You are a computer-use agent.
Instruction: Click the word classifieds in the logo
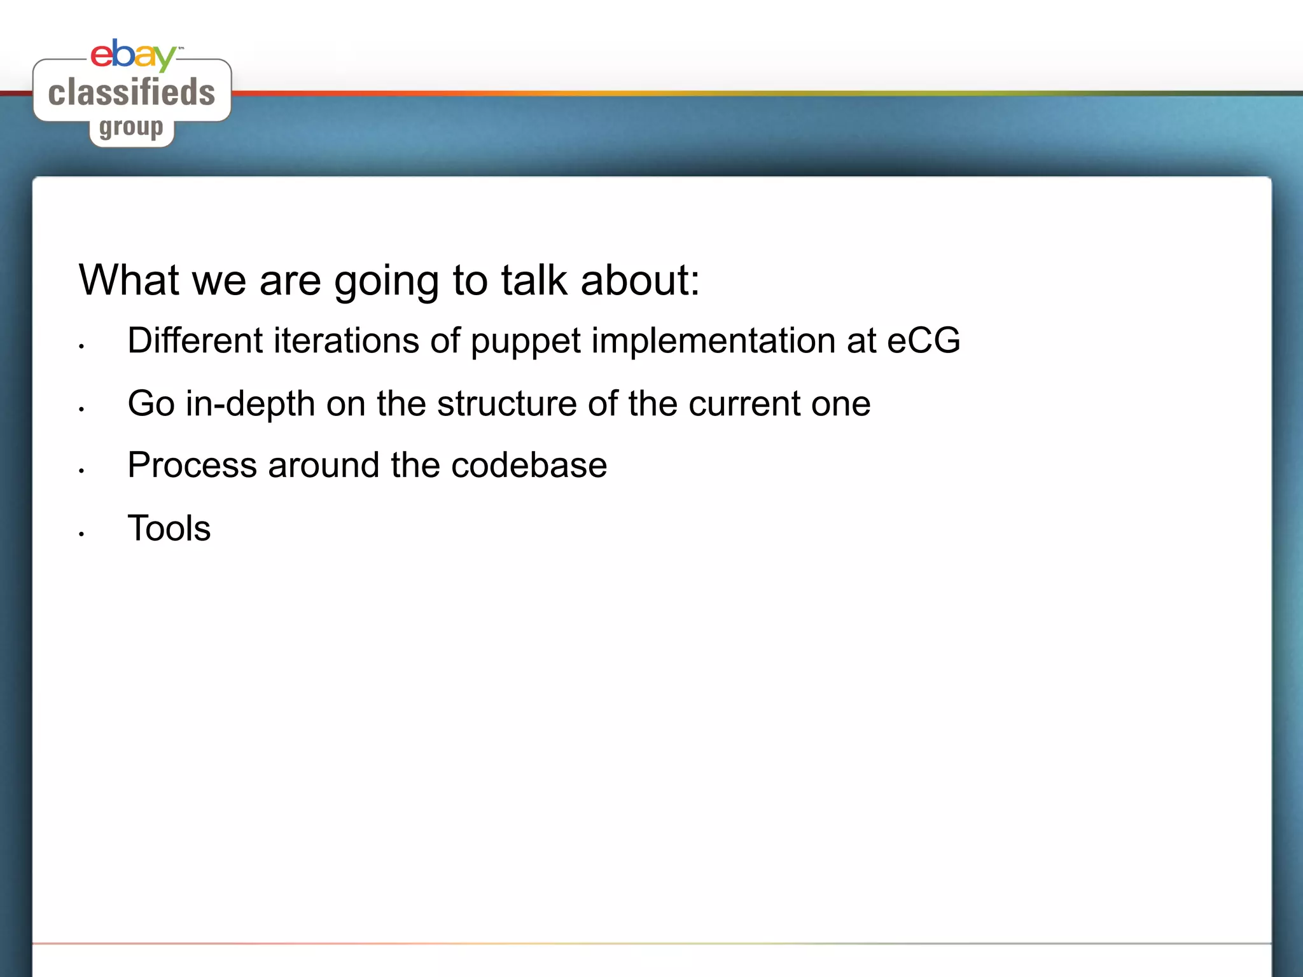132,93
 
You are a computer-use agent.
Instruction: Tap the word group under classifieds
131,128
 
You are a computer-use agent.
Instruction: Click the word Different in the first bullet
195,340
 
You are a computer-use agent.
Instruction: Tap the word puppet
526,342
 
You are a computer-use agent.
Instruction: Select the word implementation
714,342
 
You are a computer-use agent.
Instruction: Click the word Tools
169,528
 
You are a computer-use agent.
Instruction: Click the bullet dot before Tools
81,534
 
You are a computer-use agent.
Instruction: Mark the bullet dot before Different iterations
81,347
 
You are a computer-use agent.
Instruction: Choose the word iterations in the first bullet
346,340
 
